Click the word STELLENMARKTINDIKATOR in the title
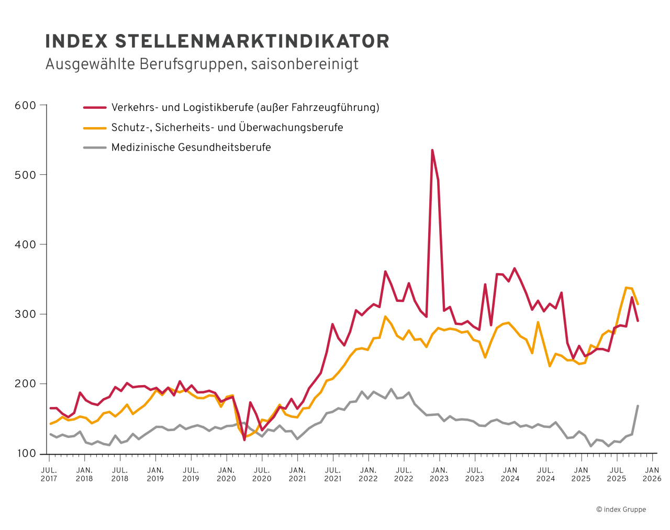coord(252,41)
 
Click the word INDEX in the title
coord(76,41)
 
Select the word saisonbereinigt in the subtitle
coord(305,64)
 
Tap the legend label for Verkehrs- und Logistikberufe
coord(245,108)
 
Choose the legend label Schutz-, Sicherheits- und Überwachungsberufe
coord(227,128)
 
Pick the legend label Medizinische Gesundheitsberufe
coord(191,148)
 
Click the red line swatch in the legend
coord(95,108)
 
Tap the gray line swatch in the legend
coord(95,148)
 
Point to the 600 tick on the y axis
coord(26,105)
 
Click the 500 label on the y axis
coord(26,175)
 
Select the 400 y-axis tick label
coord(26,244)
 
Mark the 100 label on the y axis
coord(26,453)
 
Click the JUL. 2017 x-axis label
coord(49,474)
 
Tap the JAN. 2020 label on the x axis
coord(226,474)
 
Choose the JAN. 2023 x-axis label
coord(439,474)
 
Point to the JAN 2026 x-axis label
coord(652,474)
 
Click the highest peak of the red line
coord(432,150)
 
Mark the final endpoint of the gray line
coord(638,405)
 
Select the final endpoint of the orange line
coord(638,303)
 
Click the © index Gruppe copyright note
coord(621,509)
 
